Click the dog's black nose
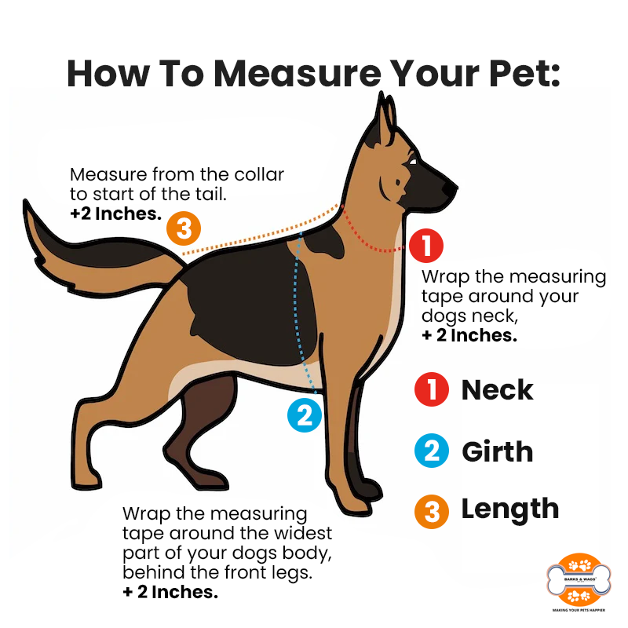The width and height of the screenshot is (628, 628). [450, 188]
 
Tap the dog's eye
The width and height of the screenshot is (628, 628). [413, 162]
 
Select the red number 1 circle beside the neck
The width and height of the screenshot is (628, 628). [426, 246]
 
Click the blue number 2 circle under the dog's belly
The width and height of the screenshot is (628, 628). [305, 415]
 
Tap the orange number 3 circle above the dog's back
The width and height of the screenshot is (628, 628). [184, 228]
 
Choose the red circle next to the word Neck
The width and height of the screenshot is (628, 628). [432, 389]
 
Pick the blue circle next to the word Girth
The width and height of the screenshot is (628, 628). [432, 451]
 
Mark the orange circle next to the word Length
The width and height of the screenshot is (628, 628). [432, 512]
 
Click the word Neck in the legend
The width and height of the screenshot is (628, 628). [498, 389]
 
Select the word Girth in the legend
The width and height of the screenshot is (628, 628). [498, 451]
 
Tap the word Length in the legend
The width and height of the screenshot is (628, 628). [510, 509]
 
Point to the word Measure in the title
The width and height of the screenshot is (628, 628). [298, 73]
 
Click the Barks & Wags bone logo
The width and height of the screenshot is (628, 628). [579, 580]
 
